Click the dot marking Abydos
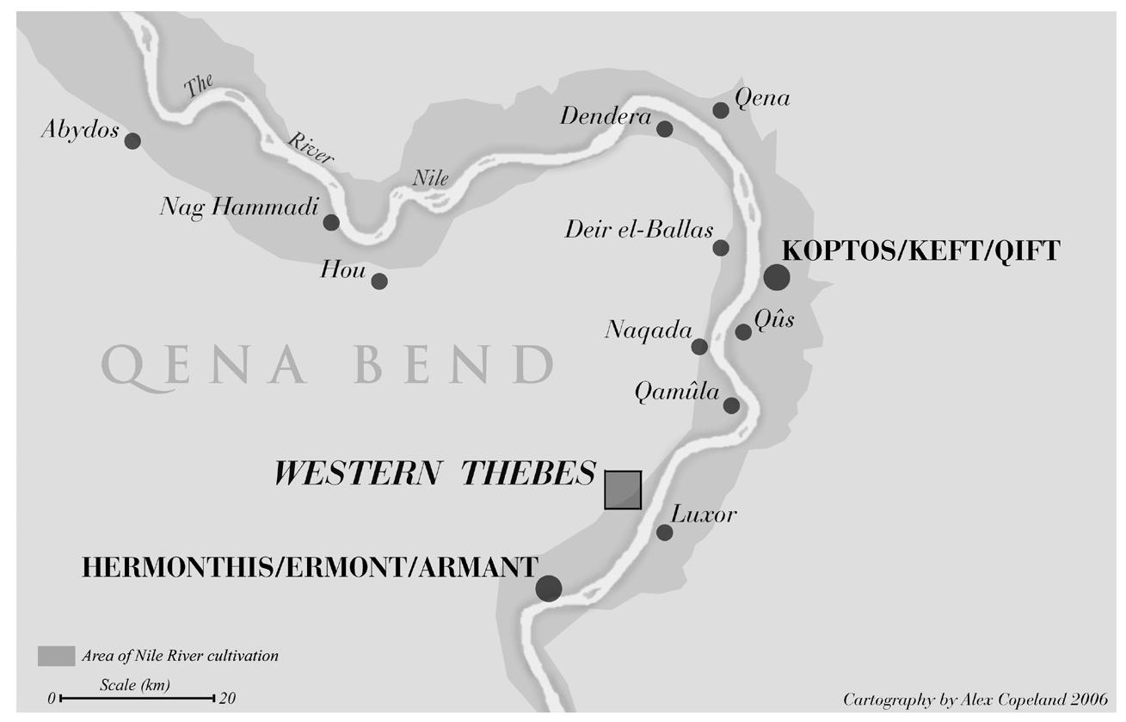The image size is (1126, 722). [132, 140]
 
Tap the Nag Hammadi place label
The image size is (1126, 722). [239, 207]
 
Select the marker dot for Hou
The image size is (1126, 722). [379, 281]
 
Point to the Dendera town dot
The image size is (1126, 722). [664, 129]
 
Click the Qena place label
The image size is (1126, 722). [762, 98]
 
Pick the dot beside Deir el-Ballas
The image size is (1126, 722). [721, 248]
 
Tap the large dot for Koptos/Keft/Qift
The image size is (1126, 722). [776, 277]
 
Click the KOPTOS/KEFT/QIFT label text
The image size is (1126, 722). [920, 250]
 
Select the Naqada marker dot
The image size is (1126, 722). [699, 347]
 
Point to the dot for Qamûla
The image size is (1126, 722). [731, 405]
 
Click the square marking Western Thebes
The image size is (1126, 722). [623, 490]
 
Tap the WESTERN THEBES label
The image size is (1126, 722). [434, 473]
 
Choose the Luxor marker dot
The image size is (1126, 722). [664, 533]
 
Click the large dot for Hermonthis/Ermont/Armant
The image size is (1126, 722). [549, 588]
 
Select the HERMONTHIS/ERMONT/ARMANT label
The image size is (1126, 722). [310, 567]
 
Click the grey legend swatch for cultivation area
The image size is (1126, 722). [56, 656]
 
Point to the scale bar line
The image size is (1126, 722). [137, 698]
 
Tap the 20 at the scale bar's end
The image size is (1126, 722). [227, 698]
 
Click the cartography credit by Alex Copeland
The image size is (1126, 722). [975, 699]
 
